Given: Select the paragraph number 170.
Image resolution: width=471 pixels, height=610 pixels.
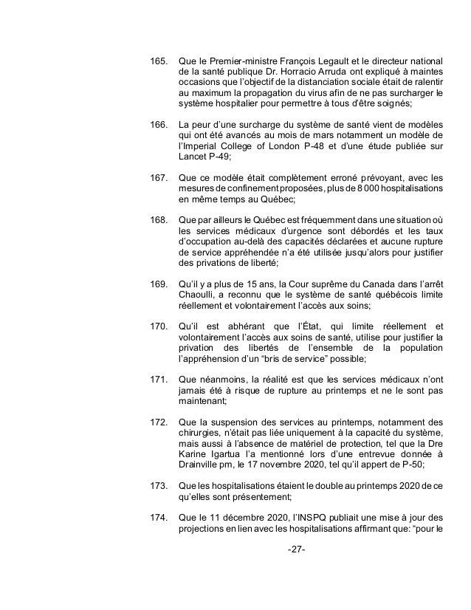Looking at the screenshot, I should [158, 326].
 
